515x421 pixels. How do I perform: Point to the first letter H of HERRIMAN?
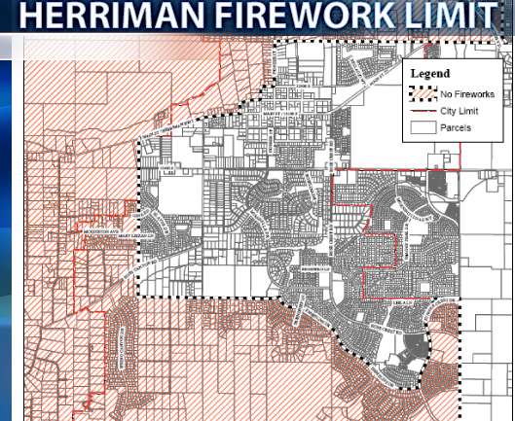pyautogui.click(x=31, y=18)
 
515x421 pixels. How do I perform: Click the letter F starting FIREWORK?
pyautogui.click(x=216, y=18)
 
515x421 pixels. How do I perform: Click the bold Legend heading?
pyautogui.click(x=429, y=73)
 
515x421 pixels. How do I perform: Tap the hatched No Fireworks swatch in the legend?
pyautogui.click(x=421, y=94)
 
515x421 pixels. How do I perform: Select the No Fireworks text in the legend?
pyautogui.click(x=467, y=94)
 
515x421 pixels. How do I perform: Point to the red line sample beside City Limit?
pyautogui.click(x=421, y=110)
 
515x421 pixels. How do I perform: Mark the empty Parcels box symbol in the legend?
pyautogui.click(x=421, y=126)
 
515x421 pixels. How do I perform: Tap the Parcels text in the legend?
pyautogui.click(x=456, y=126)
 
